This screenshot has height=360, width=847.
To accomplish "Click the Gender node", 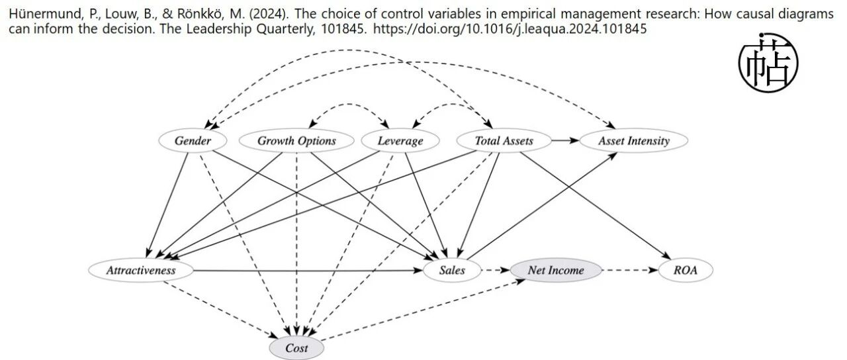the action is pyautogui.click(x=193, y=141).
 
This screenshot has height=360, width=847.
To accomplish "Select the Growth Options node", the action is pyautogui.click(x=297, y=141).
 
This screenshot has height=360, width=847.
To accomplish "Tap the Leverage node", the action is pyautogui.click(x=400, y=141).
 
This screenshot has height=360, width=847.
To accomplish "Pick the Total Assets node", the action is pyautogui.click(x=504, y=141).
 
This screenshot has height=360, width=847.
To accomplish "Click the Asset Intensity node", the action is pyautogui.click(x=634, y=141).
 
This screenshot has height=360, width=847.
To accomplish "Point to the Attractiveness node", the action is pyautogui.click(x=141, y=271).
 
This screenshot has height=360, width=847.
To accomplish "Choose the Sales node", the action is pyautogui.click(x=452, y=271).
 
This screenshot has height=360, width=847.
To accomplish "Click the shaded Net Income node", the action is pyautogui.click(x=556, y=271).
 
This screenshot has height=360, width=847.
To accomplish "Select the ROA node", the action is pyautogui.click(x=686, y=271).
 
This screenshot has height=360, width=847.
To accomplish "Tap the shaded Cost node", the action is pyautogui.click(x=296, y=348).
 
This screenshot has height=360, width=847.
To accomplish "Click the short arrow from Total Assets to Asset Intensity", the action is pyautogui.click(x=565, y=141).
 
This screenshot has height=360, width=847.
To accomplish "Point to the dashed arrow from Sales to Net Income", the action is pyautogui.click(x=496, y=271).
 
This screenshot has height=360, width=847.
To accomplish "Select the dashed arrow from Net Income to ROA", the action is pyautogui.click(x=630, y=271).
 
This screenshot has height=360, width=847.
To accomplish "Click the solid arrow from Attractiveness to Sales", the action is pyautogui.click(x=308, y=271).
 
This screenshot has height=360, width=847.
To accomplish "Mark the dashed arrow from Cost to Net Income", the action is pyautogui.click(x=423, y=310).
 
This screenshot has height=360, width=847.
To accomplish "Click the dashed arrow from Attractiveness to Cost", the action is pyautogui.click(x=220, y=310).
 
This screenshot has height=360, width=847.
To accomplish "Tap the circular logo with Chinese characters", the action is pyautogui.click(x=768, y=63).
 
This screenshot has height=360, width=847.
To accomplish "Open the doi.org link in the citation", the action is pyautogui.click(x=510, y=29).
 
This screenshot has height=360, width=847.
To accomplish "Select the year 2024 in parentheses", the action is pyautogui.click(x=269, y=15).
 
